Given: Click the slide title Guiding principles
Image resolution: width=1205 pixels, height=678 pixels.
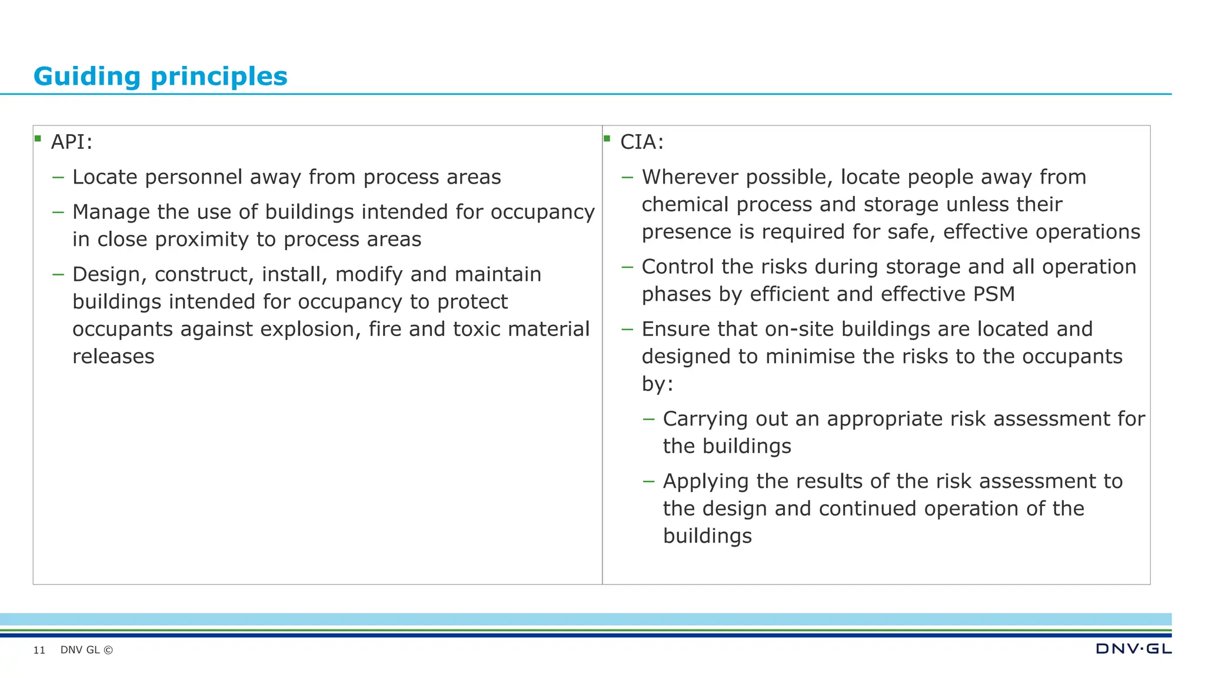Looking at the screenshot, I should click(160, 77).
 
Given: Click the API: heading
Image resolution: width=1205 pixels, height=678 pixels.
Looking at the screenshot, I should click(71, 142).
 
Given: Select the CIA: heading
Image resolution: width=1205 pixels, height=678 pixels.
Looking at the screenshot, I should click(641, 142).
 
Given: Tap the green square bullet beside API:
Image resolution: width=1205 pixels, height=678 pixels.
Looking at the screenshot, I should click(38, 139).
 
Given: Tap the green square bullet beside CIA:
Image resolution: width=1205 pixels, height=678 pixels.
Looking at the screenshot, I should click(607, 139).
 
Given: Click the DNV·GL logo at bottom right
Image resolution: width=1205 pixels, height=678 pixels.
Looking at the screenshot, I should click(1133, 649).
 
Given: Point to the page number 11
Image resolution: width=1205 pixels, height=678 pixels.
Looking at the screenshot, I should click(39, 650).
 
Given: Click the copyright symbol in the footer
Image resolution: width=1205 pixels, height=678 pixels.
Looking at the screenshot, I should click(108, 650).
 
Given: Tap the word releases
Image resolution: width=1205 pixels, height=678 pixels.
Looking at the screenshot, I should click(113, 357).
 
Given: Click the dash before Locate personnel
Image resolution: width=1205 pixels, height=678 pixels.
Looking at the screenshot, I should click(58, 177).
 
